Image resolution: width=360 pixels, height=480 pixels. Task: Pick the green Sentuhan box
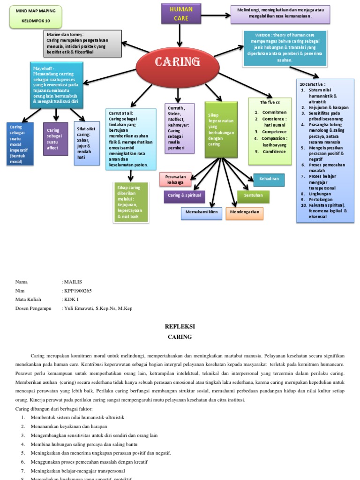click(253, 196)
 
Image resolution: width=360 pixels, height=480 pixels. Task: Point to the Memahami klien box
click(201, 213)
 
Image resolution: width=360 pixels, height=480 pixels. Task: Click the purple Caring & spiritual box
click(184, 196)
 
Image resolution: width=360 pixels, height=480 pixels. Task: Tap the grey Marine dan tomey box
click(83, 43)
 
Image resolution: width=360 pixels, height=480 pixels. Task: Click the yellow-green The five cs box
click(270, 131)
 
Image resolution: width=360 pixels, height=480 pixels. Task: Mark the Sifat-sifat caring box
click(87, 143)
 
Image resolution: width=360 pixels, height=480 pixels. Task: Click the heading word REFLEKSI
click(180, 326)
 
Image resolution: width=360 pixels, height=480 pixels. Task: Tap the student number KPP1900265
click(78, 291)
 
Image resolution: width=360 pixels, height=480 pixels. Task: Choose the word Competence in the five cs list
click(274, 132)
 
